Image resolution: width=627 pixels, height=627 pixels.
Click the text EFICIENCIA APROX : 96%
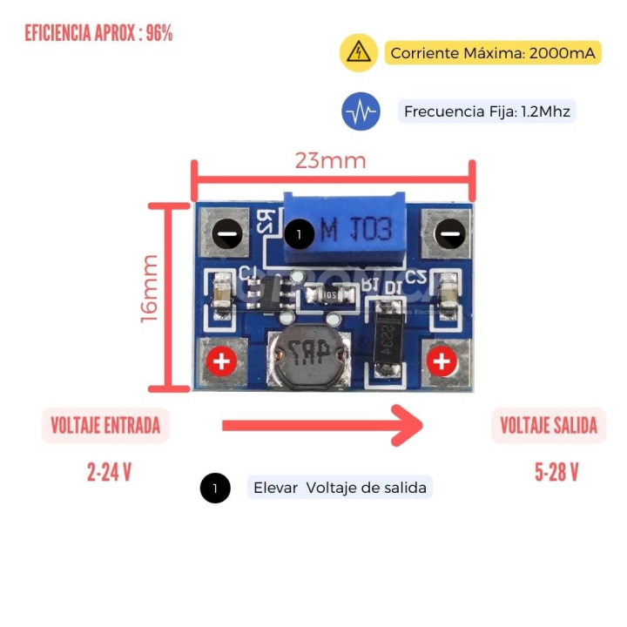98,34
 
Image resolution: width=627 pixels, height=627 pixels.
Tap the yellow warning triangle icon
358,53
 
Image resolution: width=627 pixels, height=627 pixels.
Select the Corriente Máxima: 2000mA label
493,53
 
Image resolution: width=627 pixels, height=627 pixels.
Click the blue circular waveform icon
361,111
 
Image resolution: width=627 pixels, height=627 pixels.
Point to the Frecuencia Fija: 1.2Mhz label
489,111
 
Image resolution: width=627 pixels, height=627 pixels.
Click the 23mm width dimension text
330,161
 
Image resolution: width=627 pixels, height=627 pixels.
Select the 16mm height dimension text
149,288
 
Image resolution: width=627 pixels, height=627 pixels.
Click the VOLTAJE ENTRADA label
105,426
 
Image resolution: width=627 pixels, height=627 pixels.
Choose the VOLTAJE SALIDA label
549,426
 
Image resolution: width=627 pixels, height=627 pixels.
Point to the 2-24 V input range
109,473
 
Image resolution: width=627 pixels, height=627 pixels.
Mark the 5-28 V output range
556,473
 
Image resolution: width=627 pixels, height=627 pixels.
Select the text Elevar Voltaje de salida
340,488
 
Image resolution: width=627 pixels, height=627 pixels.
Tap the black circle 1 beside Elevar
215,489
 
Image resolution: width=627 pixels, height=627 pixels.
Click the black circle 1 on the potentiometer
299,233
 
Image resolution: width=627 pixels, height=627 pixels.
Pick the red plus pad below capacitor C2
442,361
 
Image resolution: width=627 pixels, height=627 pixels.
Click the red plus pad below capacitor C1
221,361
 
